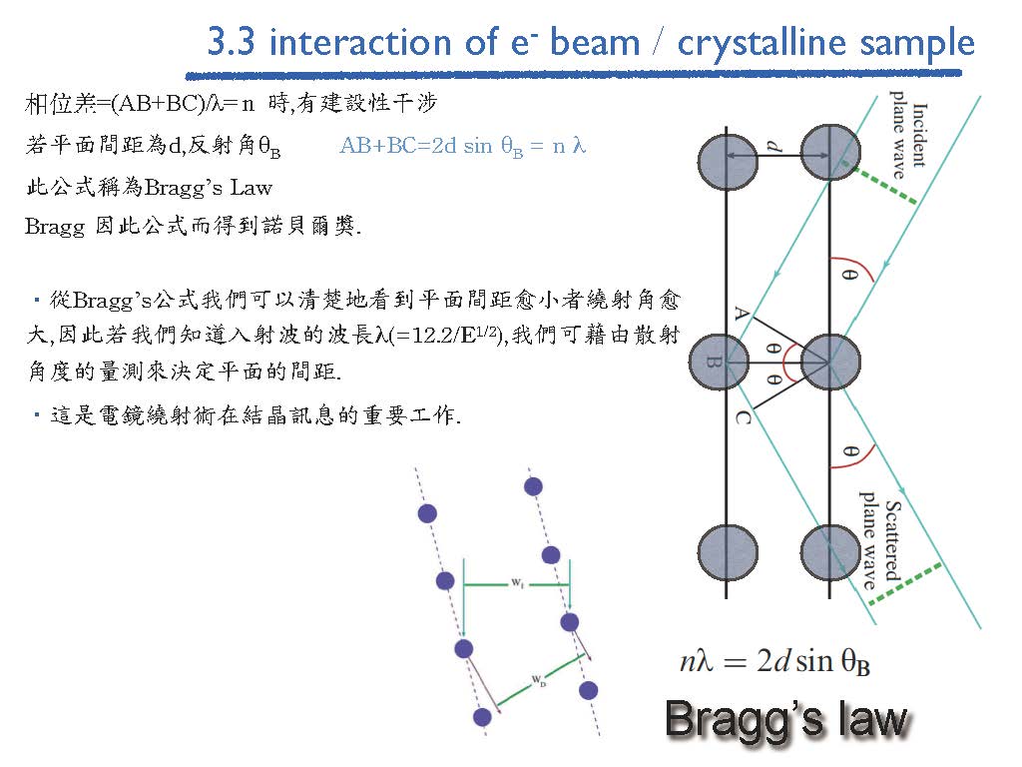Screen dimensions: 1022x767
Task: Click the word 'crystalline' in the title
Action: click(762, 43)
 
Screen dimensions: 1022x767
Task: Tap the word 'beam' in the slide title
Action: click(595, 43)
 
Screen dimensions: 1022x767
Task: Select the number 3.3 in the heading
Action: click(231, 42)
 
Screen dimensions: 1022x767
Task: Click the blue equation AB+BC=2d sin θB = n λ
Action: click(463, 146)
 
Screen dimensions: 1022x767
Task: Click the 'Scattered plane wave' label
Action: click(880, 540)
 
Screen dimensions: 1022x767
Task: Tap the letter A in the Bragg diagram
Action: click(742, 313)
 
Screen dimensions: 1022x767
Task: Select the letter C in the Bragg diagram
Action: click(743, 417)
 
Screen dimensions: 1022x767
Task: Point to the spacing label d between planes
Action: click(773, 146)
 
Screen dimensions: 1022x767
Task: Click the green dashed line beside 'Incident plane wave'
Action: click(883, 185)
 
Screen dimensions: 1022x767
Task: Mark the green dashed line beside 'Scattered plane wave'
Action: click(905, 583)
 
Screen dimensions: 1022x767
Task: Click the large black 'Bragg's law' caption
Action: click(786, 719)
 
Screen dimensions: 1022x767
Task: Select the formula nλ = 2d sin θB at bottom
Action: click(774, 661)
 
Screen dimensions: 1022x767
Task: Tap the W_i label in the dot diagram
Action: click(517, 582)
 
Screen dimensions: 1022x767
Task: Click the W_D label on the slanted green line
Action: click(539, 681)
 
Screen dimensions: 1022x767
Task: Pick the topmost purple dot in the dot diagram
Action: click(533, 486)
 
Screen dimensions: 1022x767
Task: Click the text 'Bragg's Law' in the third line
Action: click(209, 189)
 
